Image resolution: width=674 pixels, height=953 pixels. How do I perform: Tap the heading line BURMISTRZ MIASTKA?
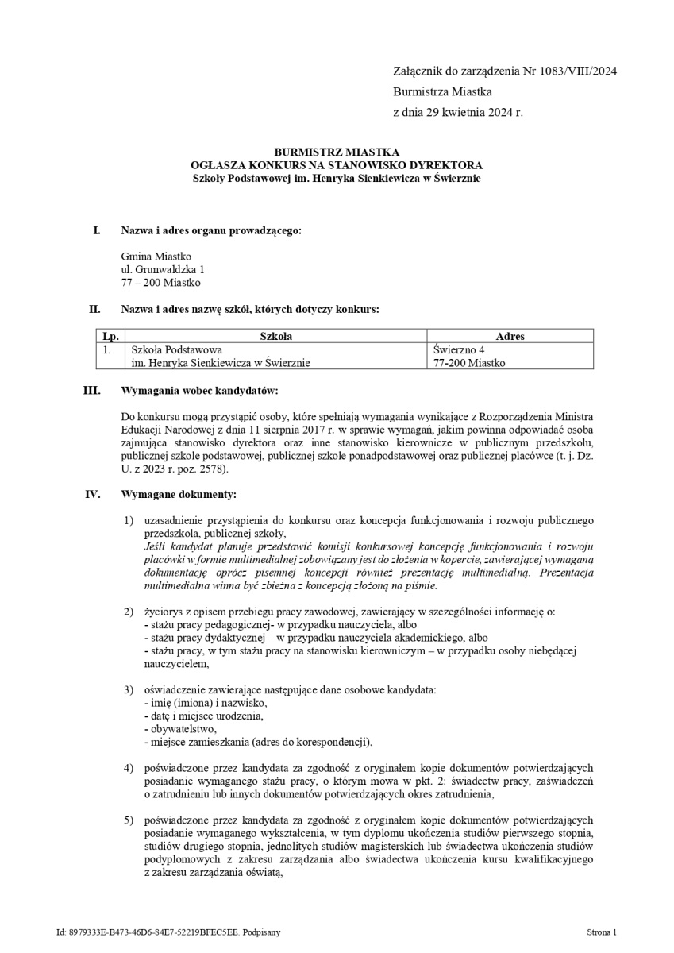click(x=337, y=152)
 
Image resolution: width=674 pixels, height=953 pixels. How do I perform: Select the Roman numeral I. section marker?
click(x=97, y=230)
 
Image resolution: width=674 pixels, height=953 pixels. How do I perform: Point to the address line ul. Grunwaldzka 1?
click(x=163, y=269)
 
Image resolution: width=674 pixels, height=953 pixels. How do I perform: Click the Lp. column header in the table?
click(x=110, y=337)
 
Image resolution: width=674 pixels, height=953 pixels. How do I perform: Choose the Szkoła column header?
click(x=276, y=337)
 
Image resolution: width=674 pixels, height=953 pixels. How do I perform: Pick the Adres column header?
click(x=510, y=337)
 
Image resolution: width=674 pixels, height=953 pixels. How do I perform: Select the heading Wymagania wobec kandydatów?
click(x=199, y=391)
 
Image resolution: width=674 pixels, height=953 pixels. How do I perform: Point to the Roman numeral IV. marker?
click(x=93, y=495)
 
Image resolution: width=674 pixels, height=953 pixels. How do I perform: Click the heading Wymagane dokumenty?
click(x=179, y=495)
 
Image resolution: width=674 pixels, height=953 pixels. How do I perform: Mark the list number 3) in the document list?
click(x=128, y=689)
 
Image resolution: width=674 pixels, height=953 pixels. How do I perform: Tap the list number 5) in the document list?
click(x=128, y=820)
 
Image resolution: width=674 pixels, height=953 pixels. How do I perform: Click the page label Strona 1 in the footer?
click(x=602, y=932)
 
